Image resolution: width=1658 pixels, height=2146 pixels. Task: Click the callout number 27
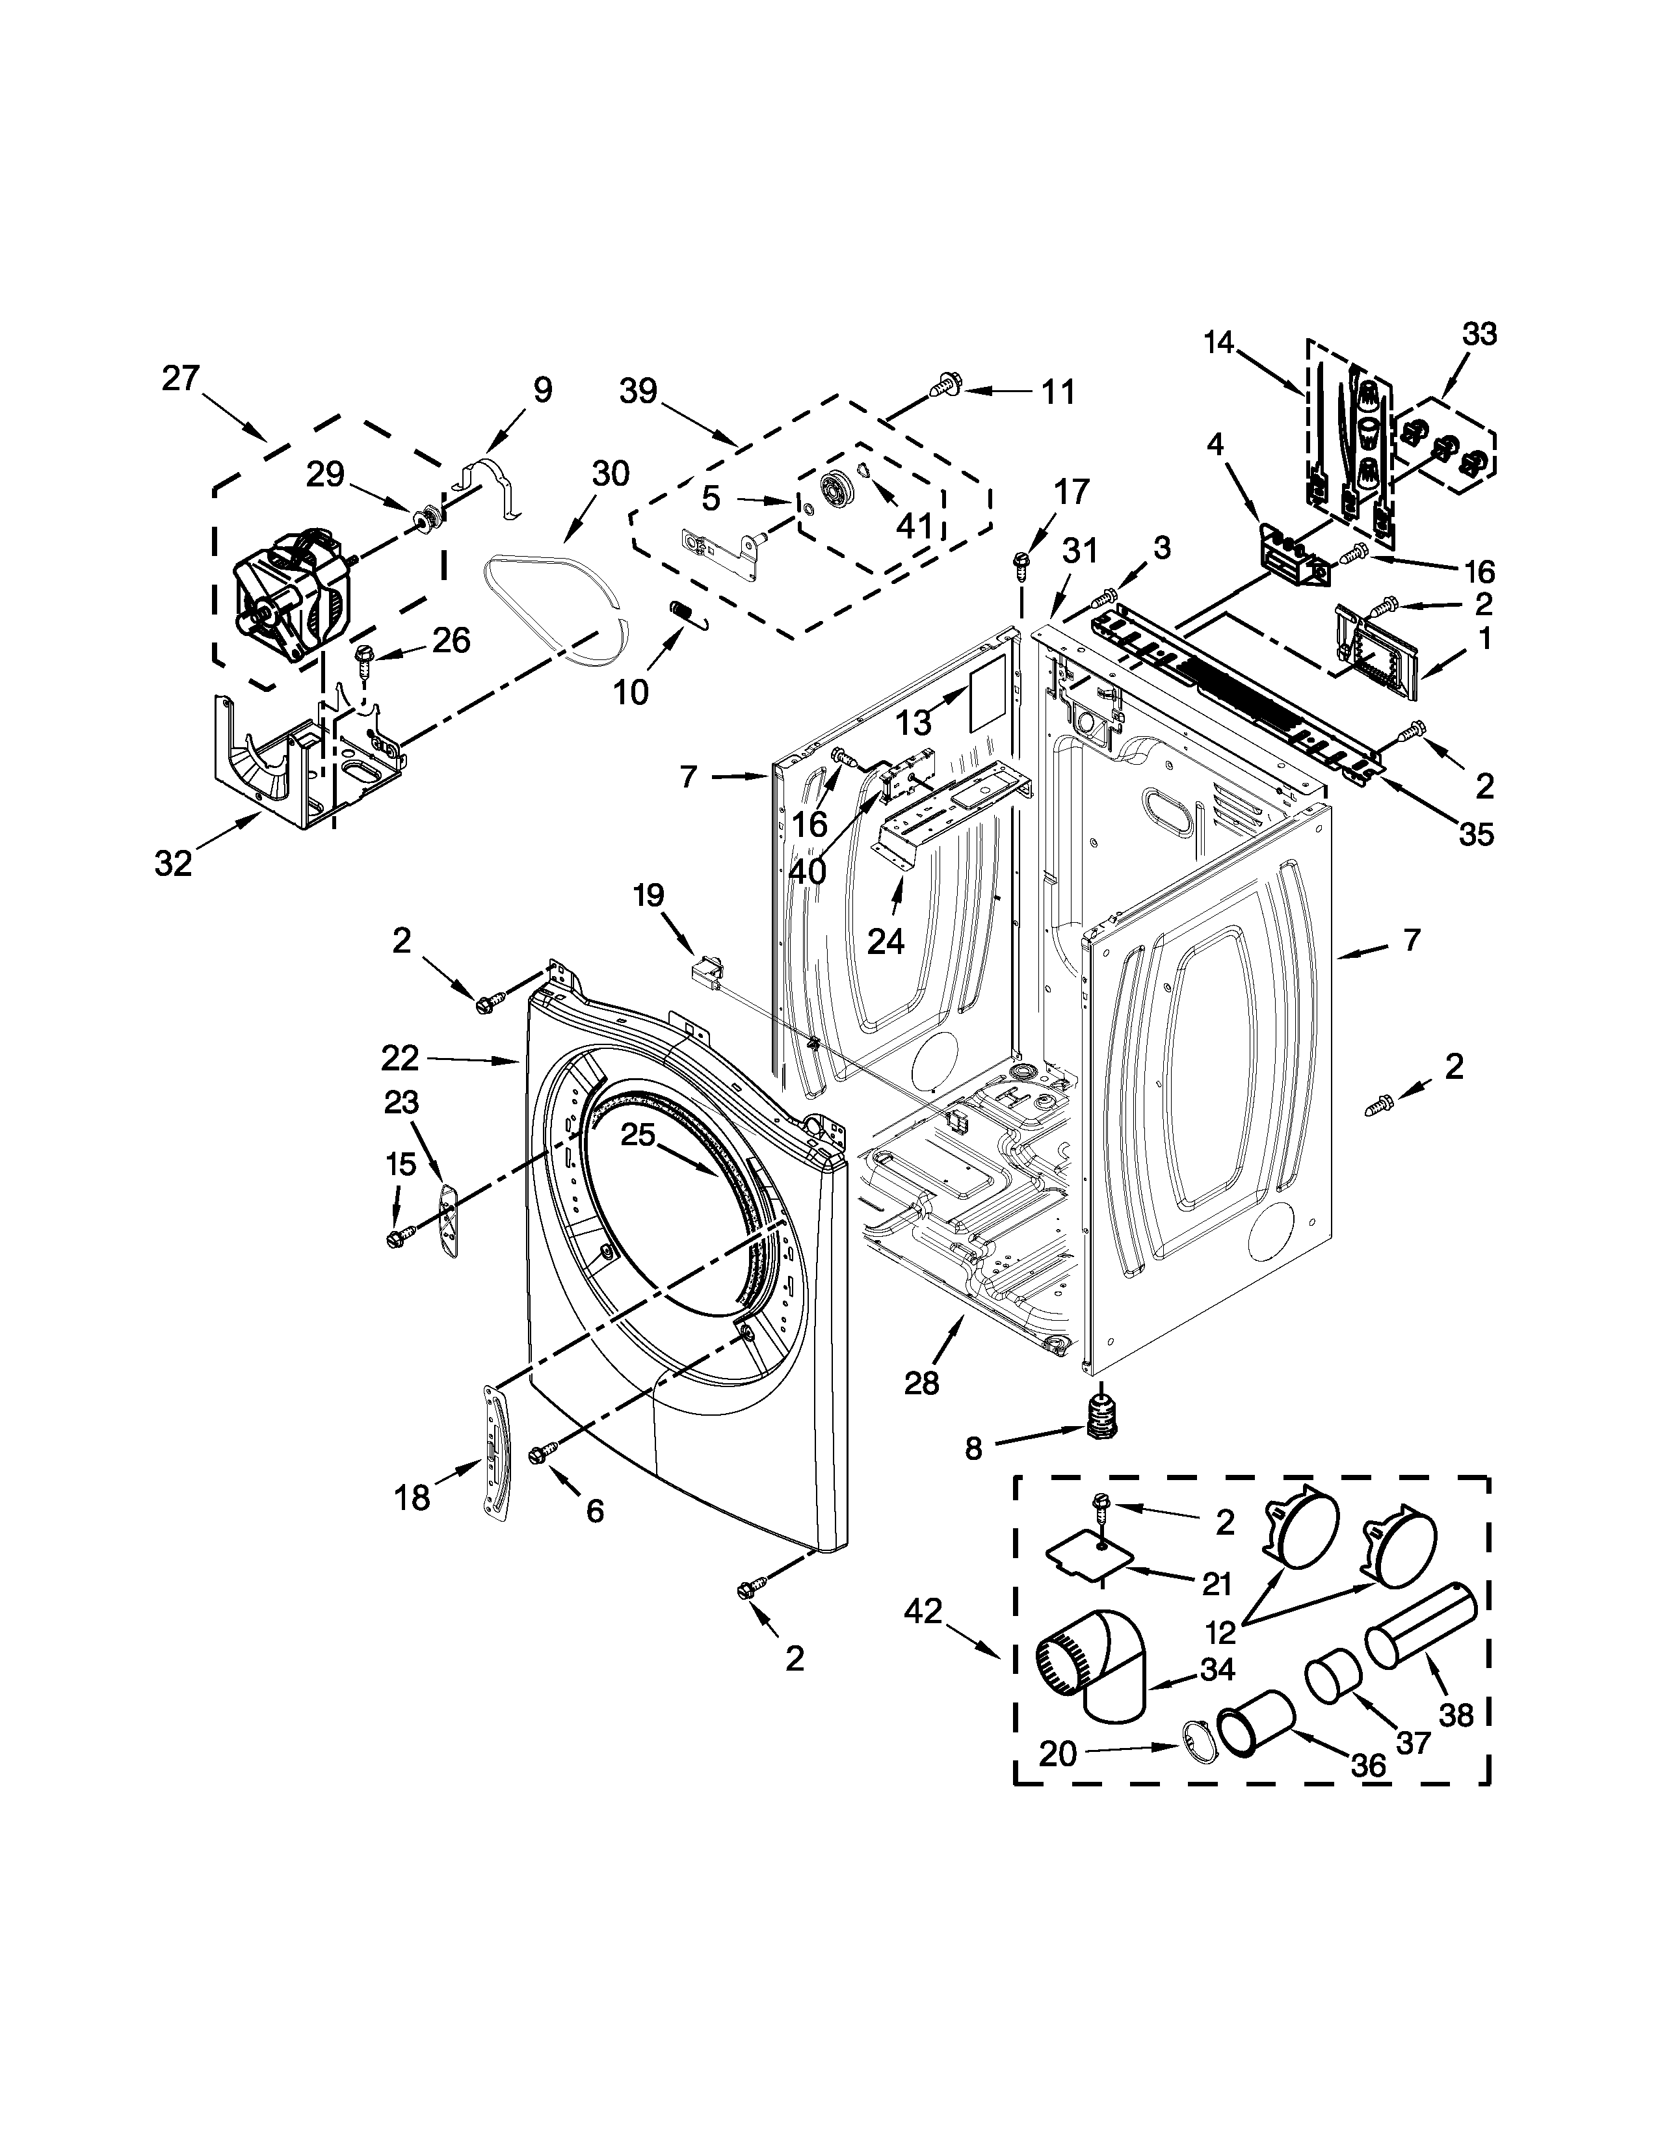pos(181,378)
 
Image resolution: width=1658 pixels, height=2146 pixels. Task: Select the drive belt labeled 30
pos(556,594)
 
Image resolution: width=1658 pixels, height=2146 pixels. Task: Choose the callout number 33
pos(1479,334)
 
